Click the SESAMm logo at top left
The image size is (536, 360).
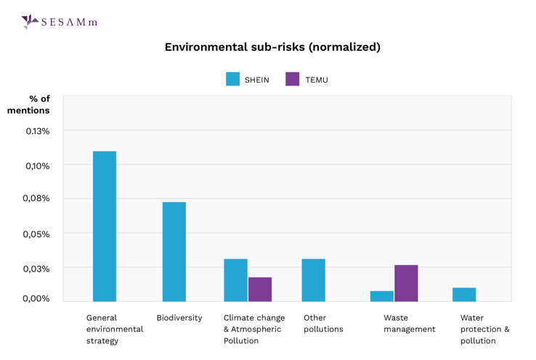pos(60,22)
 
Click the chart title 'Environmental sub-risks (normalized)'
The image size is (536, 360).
pos(272,47)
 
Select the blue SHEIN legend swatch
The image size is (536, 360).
pos(232,79)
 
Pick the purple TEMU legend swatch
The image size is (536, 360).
pos(293,79)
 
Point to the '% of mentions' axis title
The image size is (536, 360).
pos(30,105)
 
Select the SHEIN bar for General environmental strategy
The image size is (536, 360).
pos(105,226)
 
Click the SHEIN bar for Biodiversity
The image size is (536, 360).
pos(174,252)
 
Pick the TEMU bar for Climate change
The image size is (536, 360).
pos(260,290)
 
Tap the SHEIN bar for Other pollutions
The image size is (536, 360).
pos(314,280)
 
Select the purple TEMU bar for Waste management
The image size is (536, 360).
pos(406,283)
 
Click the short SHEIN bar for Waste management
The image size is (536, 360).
pos(382,296)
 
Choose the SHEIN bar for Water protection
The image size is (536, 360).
pos(464,295)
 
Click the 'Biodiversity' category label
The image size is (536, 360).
pos(179,318)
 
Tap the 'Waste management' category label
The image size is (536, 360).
pos(410,324)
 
